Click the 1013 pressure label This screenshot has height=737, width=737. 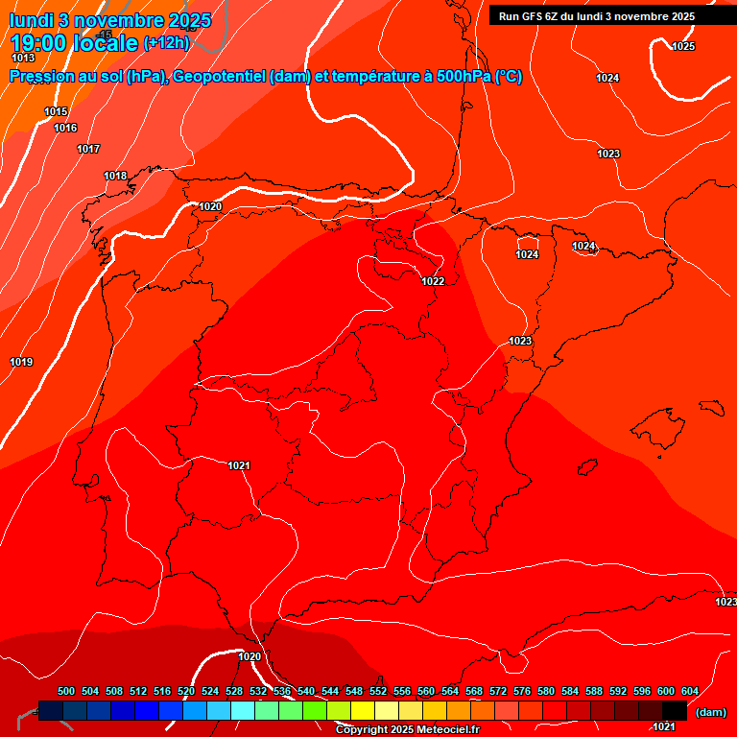[23, 59]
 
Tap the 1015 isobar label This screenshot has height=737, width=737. [56, 112]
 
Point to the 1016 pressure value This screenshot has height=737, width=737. [65, 129]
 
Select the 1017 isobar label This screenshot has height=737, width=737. [88, 150]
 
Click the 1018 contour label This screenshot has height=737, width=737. [115, 177]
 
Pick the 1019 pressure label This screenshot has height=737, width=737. [21, 363]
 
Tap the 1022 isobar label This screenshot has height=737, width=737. [433, 281]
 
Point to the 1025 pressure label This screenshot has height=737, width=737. [683, 47]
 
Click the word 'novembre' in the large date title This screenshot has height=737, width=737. [117, 20]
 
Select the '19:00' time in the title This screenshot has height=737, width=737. [40, 43]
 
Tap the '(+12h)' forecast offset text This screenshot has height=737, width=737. [166, 43]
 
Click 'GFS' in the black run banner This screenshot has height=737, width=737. [535, 16]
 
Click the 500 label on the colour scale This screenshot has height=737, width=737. [66, 692]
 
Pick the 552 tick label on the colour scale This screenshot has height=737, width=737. [378, 692]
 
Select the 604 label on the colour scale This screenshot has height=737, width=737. [689, 692]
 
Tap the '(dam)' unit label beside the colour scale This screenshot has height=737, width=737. [710, 712]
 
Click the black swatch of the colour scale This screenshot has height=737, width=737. [675, 710]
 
